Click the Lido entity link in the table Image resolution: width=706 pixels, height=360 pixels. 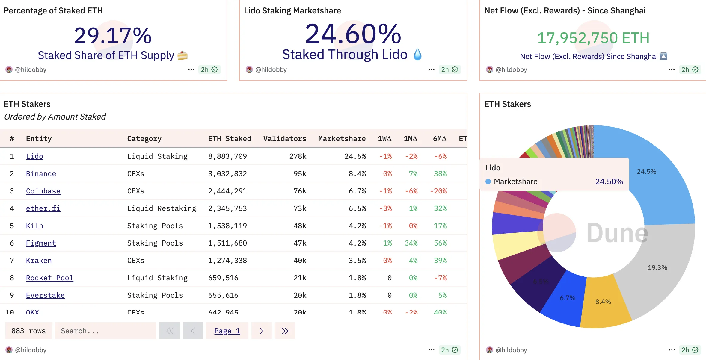click(34, 156)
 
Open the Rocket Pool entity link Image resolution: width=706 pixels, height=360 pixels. click(49, 278)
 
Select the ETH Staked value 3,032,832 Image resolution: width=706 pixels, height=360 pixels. click(227, 174)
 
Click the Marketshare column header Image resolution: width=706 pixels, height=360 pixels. click(342, 139)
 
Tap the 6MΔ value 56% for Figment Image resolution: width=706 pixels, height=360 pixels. click(440, 243)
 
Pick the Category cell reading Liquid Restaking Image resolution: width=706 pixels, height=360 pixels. click(162, 208)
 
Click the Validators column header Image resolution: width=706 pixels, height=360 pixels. click(285, 139)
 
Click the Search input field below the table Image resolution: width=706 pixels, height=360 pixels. click(105, 331)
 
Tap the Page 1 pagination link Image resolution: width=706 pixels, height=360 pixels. click(227, 331)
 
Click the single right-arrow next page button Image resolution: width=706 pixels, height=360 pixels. click(261, 331)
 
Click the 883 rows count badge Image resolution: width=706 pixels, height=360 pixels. click(28, 331)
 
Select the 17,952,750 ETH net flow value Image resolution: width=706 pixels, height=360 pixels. click(593, 38)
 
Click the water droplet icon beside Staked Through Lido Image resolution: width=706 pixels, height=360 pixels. click(417, 55)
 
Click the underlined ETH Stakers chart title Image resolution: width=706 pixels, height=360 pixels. click(507, 104)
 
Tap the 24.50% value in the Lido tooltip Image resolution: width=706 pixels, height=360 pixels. click(609, 181)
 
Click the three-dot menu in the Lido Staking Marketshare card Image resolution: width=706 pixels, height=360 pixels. click(431, 69)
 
